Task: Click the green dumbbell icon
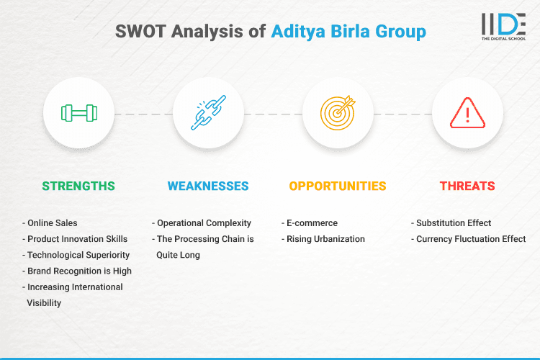pos(78,113)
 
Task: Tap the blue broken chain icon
pos(208,113)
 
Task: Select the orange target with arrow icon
pos(338,113)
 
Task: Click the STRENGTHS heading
pos(78,186)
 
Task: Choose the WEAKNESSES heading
pos(208,186)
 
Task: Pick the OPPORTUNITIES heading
pos(338,186)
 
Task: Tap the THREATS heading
pos(467,186)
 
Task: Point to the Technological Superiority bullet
pos(77,255)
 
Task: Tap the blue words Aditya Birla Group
pos(348,32)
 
